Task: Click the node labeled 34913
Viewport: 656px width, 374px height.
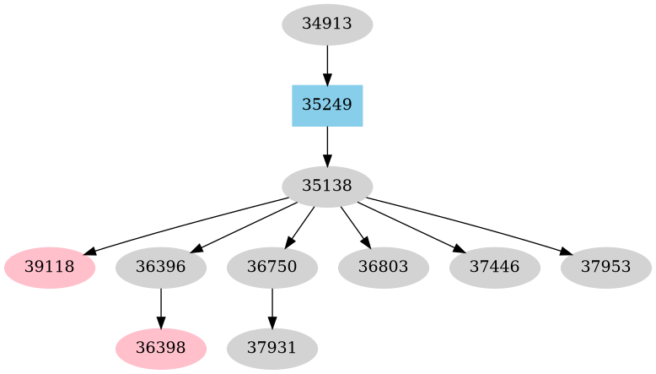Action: pos(327,24)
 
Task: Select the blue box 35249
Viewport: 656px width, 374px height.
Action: pos(327,106)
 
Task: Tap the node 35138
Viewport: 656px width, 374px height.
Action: pos(327,187)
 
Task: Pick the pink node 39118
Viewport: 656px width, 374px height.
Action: pos(50,268)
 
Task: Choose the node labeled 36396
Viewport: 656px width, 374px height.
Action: pos(161,268)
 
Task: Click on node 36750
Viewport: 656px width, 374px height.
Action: pos(272,268)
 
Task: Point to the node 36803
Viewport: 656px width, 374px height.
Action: pos(384,268)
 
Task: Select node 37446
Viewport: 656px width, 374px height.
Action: pos(495,268)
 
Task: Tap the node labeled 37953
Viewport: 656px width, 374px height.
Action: pos(606,268)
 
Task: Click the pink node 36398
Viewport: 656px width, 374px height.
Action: pos(161,348)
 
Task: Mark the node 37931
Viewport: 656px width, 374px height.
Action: pos(272,348)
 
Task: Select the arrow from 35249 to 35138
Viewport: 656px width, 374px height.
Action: pos(327,146)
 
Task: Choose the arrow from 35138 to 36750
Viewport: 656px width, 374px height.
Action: pos(300,226)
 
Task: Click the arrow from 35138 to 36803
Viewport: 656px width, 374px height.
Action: pos(355,226)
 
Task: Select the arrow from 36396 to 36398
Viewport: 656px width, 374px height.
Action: pos(161,308)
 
